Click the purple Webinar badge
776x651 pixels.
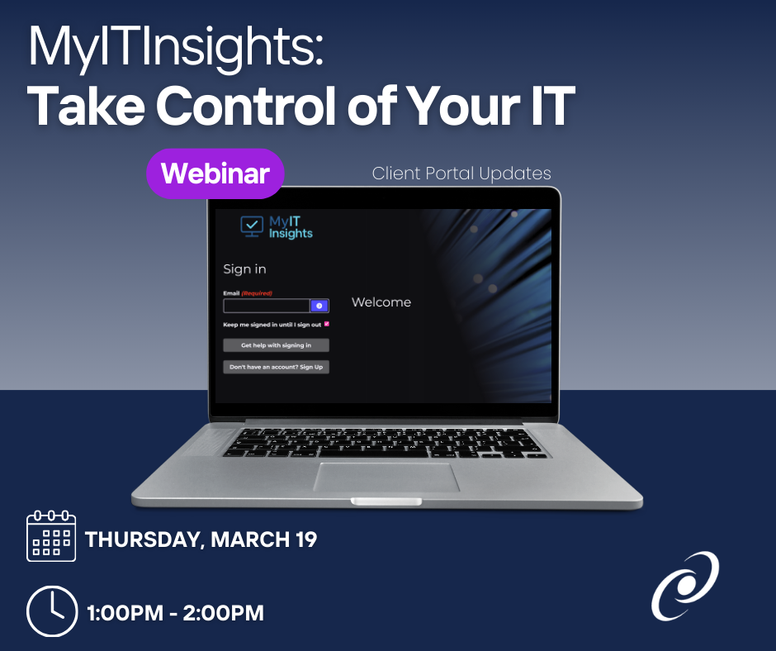tap(215, 173)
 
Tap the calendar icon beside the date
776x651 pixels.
tap(51, 536)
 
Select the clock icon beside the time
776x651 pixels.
tap(52, 611)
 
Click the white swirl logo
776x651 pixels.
tap(685, 586)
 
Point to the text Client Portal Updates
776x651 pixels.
tap(461, 173)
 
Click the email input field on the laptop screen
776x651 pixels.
tap(267, 306)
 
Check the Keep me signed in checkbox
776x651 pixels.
tap(327, 324)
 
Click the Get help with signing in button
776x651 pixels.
tap(277, 345)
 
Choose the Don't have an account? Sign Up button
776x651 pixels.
tap(277, 367)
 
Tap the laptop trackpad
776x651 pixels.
tap(386, 478)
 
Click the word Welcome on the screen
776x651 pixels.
tap(381, 302)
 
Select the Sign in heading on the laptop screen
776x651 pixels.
tap(244, 269)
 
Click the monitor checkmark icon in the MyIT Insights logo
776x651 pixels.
tap(252, 226)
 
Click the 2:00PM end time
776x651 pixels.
tap(223, 613)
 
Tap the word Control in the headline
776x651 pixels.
tap(247, 106)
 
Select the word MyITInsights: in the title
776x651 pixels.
tap(176, 48)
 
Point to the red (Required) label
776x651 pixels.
tap(257, 293)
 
